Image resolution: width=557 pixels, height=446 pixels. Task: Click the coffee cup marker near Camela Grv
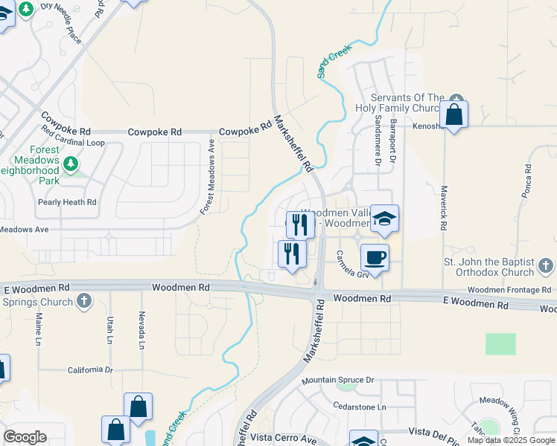(375, 257)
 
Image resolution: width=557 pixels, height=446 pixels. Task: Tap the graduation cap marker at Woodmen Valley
(384, 219)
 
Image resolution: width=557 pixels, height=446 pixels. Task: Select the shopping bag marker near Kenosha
(453, 115)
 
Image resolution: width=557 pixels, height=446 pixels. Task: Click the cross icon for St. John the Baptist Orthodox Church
(547, 265)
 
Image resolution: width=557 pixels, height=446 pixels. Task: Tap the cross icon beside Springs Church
(84, 302)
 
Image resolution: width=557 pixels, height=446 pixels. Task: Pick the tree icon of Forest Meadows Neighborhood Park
(71, 163)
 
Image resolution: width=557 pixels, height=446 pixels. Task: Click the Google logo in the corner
(25, 437)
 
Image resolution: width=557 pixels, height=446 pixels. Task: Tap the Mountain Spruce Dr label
(337, 381)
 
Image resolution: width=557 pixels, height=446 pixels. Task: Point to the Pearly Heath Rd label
(67, 202)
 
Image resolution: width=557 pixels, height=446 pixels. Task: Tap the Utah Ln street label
(110, 330)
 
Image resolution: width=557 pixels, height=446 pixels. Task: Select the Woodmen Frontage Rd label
(510, 290)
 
